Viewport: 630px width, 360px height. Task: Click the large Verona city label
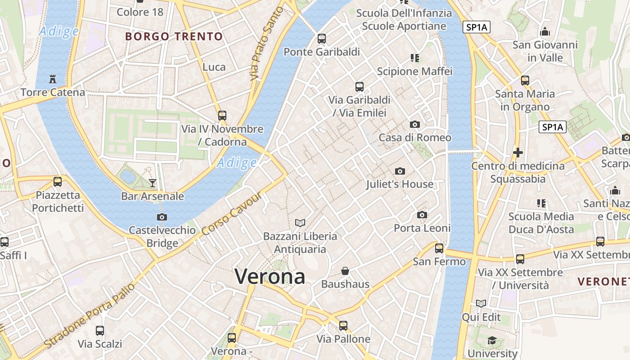click(x=270, y=276)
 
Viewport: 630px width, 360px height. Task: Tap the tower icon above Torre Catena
click(x=53, y=79)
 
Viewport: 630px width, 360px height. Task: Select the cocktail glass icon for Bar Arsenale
click(x=153, y=183)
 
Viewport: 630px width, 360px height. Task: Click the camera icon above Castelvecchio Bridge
click(x=162, y=217)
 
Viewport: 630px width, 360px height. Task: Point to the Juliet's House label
click(x=400, y=184)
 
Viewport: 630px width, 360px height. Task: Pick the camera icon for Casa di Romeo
click(x=415, y=124)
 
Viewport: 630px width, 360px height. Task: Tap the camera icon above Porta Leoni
click(x=422, y=215)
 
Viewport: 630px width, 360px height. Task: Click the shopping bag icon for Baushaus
click(x=345, y=271)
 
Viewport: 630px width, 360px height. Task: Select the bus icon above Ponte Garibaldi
click(x=322, y=38)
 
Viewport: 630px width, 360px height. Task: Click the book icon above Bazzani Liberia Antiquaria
click(x=300, y=222)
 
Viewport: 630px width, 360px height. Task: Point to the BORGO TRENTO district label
click(x=174, y=36)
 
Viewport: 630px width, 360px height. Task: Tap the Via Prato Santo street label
click(x=268, y=44)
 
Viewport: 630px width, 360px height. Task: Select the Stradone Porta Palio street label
click(x=90, y=315)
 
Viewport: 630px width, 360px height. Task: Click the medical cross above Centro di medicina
click(x=518, y=153)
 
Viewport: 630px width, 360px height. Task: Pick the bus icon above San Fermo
click(x=439, y=248)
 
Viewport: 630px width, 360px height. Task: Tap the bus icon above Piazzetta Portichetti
click(x=58, y=182)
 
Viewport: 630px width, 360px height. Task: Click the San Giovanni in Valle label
click(x=545, y=51)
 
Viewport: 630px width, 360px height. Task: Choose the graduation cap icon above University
click(x=492, y=340)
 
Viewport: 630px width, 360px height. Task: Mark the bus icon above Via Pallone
click(x=343, y=325)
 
